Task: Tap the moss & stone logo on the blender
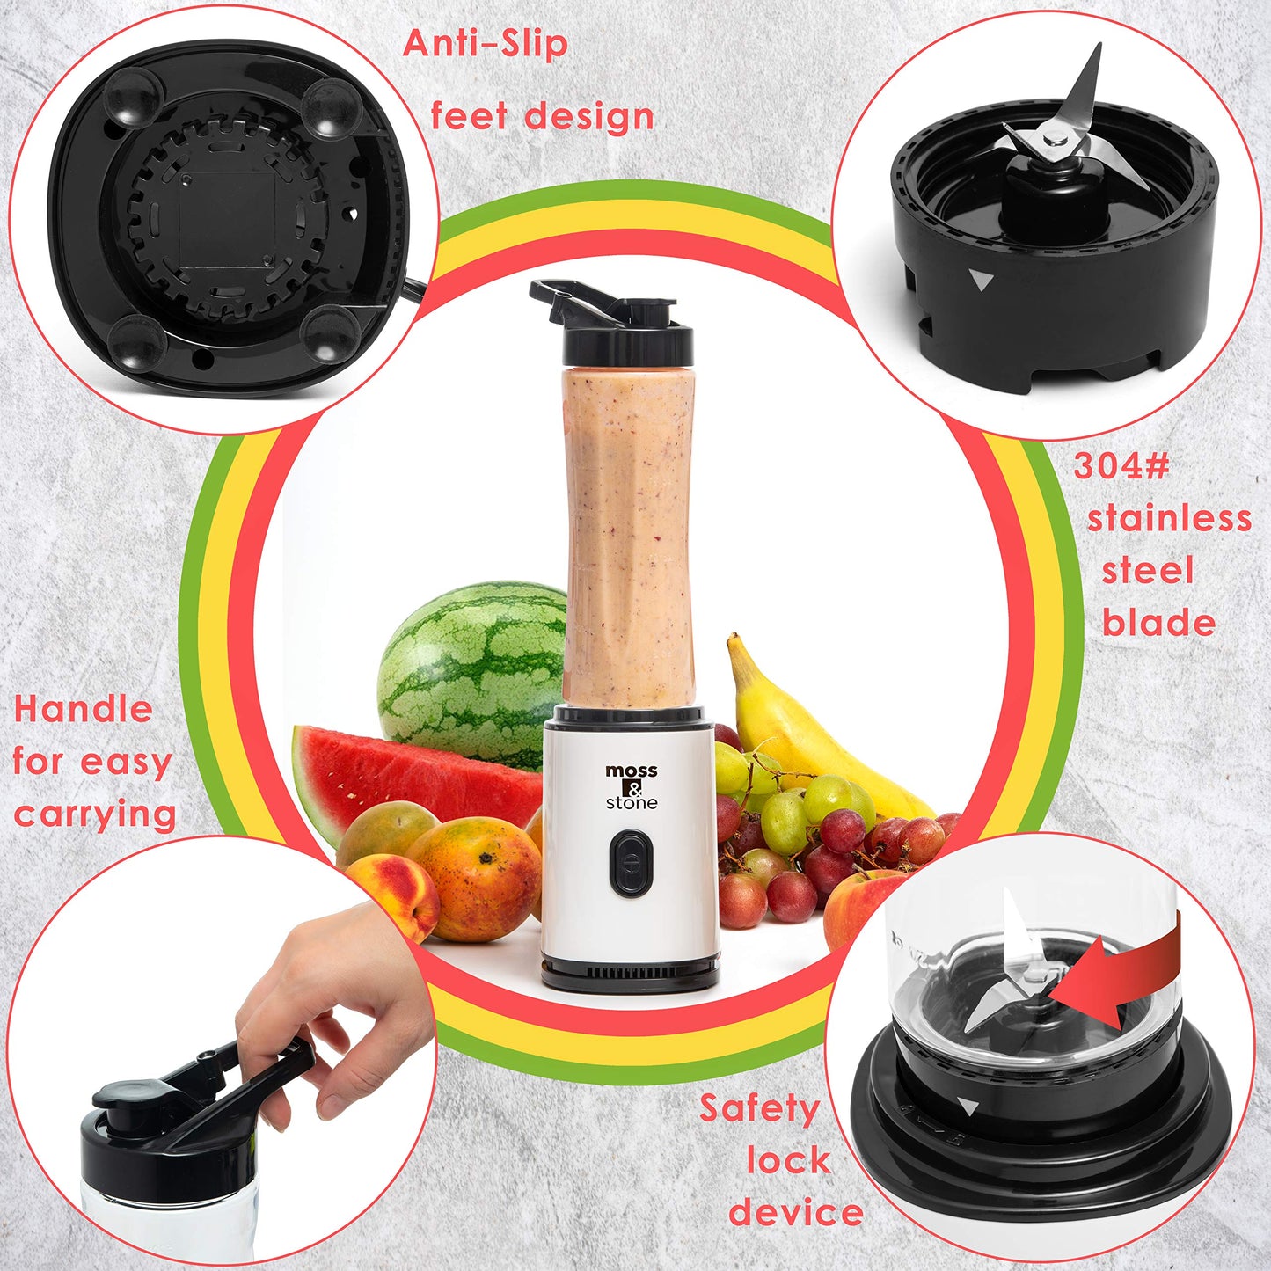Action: pyautogui.click(x=632, y=786)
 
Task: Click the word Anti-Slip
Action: pyautogui.click(x=485, y=44)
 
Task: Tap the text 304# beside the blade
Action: pyautogui.click(x=1121, y=466)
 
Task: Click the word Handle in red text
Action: pyautogui.click(x=84, y=709)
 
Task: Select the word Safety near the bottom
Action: pyautogui.click(x=759, y=1108)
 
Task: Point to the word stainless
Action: pyautogui.click(x=1169, y=519)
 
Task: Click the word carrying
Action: pyautogui.click(x=95, y=814)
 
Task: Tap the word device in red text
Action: pyautogui.click(x=796, y=1212)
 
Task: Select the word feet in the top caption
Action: pyautogui.click(x=469, y=116)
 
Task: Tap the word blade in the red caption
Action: pyautogui.click(x=1158, y=623)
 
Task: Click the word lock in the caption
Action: pyautogui.click(x=789, y=1160)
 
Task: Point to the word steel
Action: pyautogui.click(x=1148, y=571)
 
